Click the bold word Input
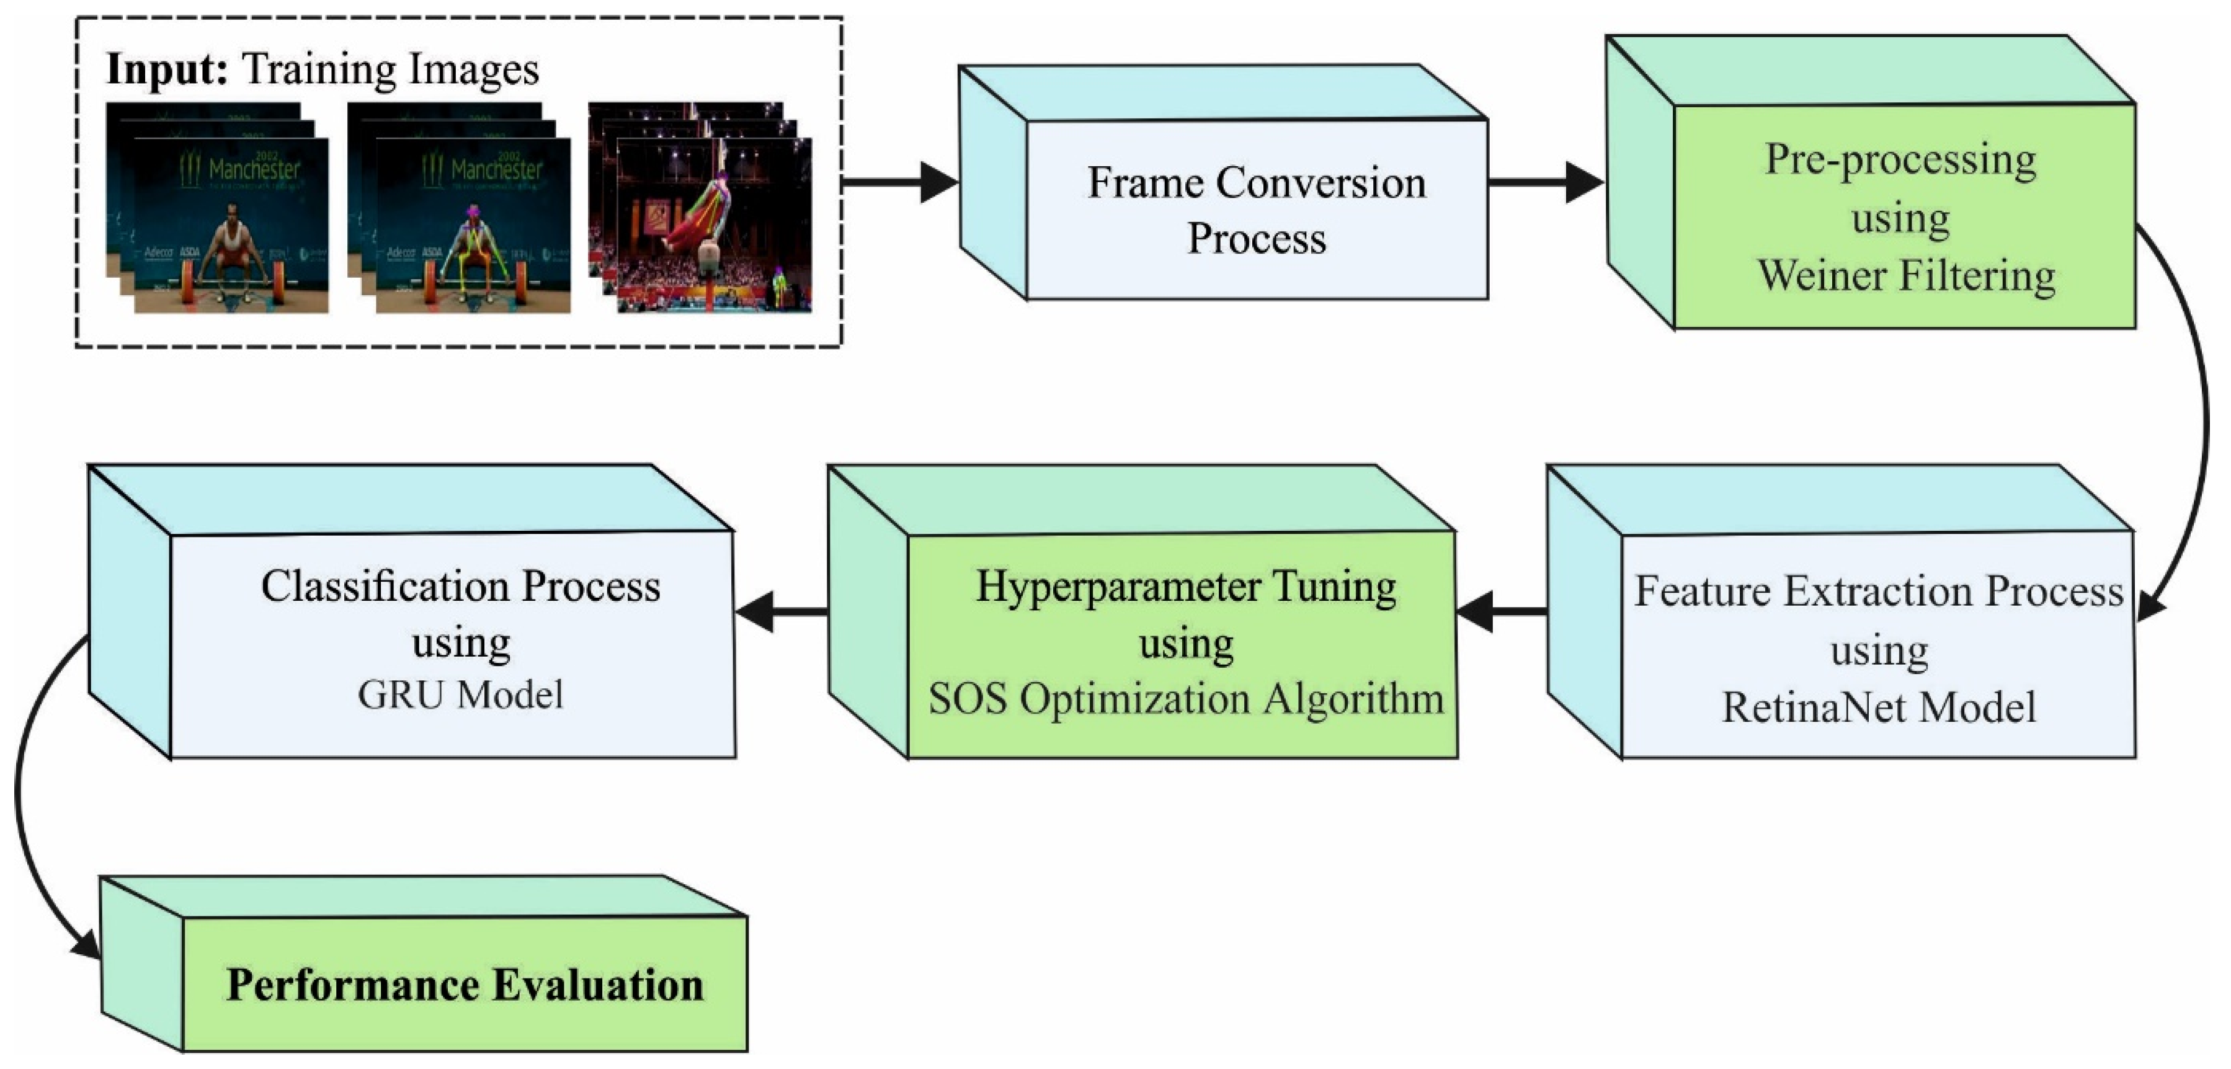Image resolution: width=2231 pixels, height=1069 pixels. (166, 69)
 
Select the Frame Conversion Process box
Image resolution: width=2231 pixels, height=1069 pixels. (1256, 210)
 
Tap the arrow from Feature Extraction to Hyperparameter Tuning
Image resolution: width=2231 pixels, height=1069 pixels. (1503, 611)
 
